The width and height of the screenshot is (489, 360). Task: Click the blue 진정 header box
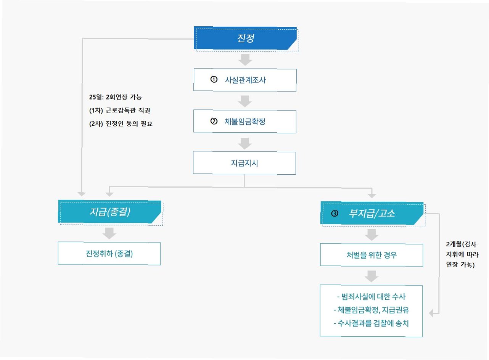(246, 39)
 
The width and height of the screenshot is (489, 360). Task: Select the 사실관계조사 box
(245, 80)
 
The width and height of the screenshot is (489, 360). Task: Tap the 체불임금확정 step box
(245, 121)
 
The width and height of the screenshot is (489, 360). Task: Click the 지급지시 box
(245, 163)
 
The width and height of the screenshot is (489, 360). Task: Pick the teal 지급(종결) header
(110, 212)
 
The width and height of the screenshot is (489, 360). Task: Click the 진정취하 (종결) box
(109, 254)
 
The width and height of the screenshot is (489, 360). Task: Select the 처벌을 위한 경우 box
(372, 255)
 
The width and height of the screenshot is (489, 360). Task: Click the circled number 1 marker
(214, 80)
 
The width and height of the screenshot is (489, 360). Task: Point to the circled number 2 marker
(214, 121)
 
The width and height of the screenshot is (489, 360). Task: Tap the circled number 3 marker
(335, 214)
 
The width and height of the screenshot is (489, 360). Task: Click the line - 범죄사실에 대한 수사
(371, 297)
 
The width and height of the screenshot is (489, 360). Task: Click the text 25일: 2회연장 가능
(115, 97)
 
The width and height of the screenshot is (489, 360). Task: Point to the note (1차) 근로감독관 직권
(117, 111)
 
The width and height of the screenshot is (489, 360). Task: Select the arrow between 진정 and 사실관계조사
(245, 60)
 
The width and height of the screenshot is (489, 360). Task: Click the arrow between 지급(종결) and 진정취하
(109, 233)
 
